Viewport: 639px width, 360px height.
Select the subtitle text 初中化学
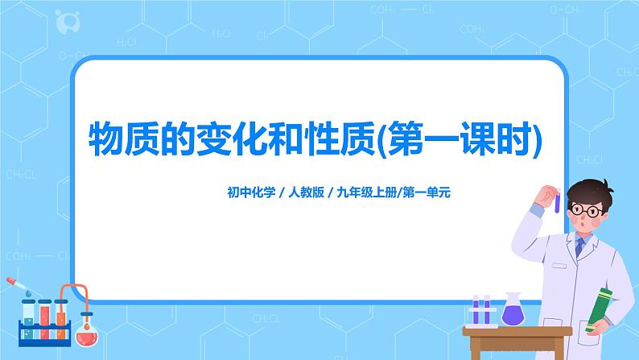point(250,193)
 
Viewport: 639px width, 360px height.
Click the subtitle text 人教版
point(305,193)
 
